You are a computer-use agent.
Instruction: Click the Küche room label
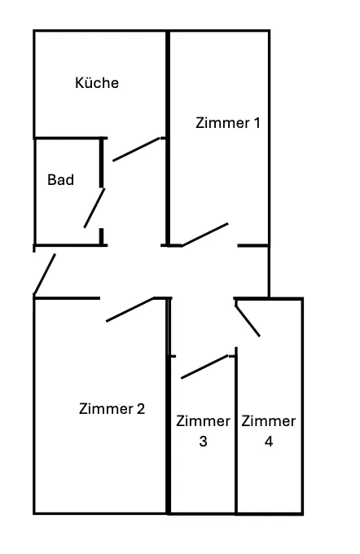(97, 82)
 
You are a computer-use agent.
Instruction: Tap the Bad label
(61, 180)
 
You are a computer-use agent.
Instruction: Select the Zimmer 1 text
(228, 123)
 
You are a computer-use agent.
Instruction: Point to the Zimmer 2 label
(112, 409)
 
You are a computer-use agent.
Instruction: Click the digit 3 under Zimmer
(203, 442)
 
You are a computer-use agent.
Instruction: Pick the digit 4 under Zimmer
(269, 442)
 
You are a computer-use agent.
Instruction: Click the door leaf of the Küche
(136, 149)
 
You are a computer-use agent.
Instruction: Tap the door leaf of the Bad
(94, 208)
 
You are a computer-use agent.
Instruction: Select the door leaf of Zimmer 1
(205, 235)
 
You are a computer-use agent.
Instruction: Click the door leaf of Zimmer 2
(130, 310)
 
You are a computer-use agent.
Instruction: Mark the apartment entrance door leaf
(45, 274)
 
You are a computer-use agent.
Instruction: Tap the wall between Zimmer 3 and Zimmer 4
(236, 430)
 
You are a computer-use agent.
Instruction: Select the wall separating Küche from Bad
(69, 138)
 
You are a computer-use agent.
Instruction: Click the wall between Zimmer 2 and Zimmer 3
(169, 406)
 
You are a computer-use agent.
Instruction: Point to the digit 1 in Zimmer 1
(257, 123)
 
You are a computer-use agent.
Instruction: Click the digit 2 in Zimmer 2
(141, 409)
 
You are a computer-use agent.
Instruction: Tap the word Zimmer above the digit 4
(269, 421)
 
